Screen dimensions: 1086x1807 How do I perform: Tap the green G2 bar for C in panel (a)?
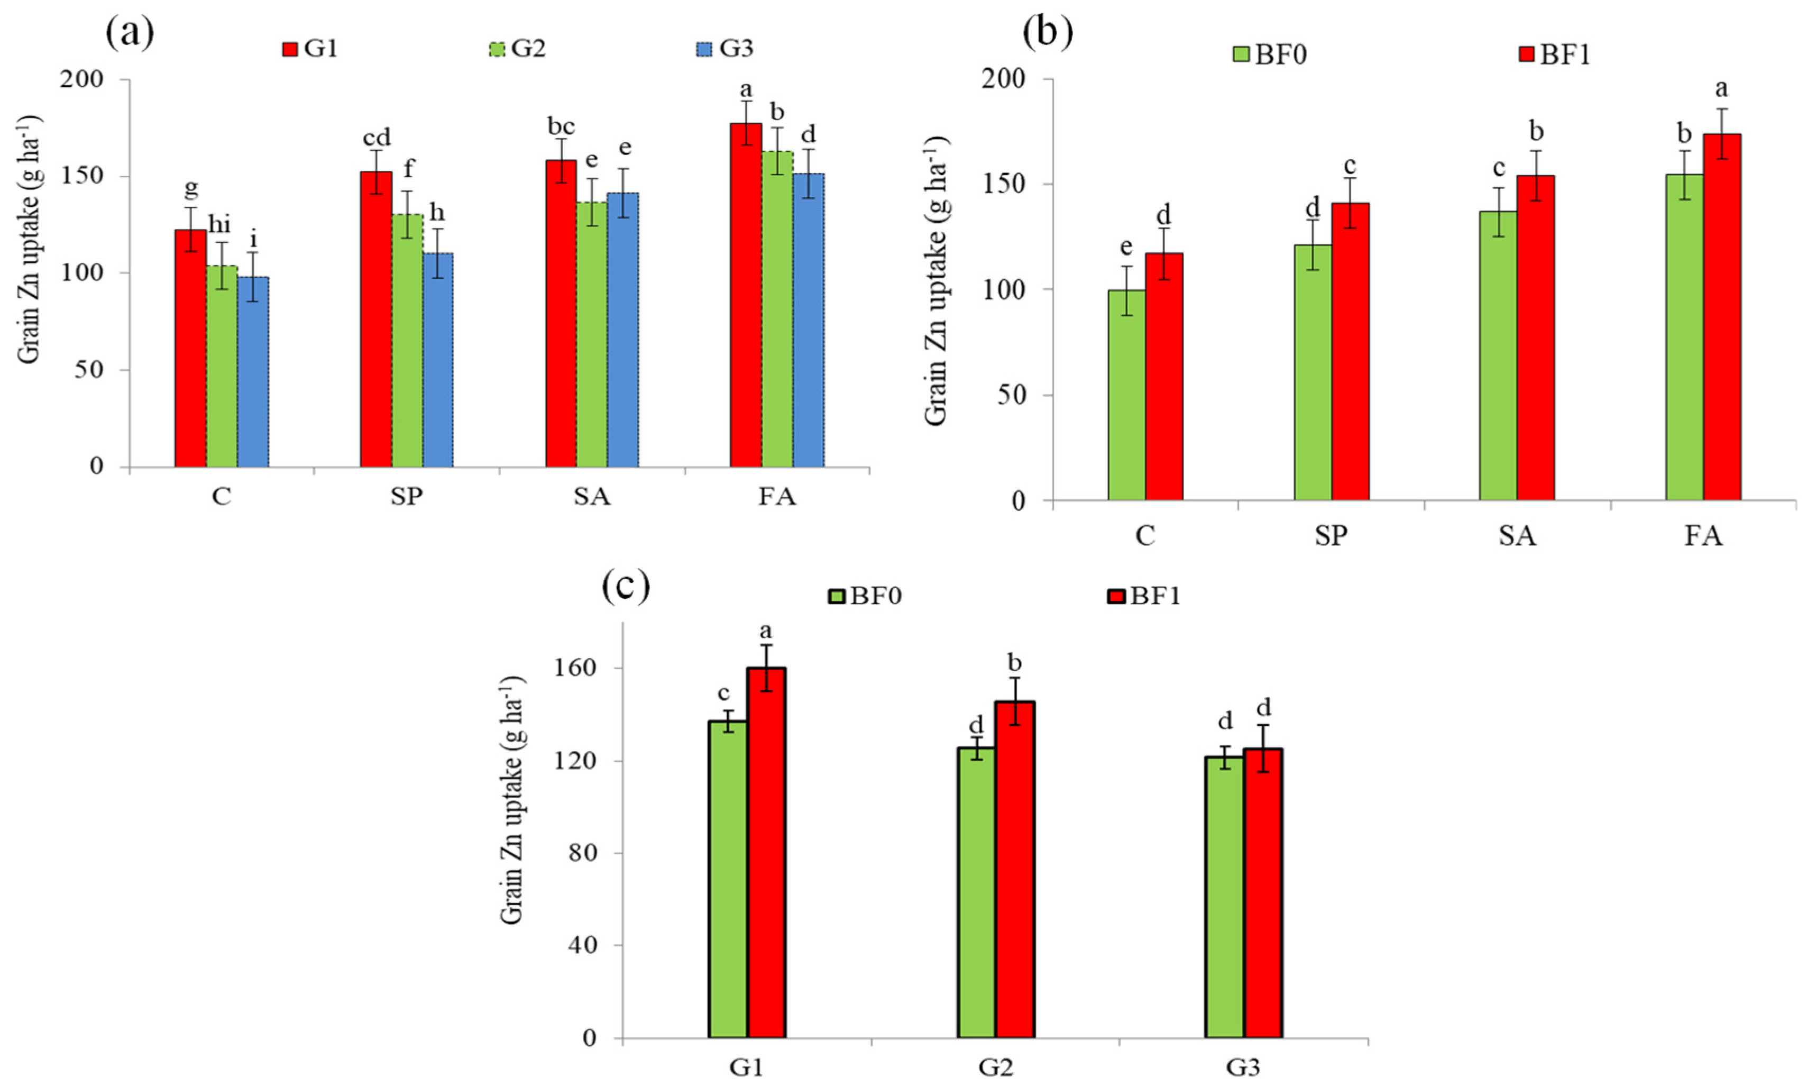click(222, 366)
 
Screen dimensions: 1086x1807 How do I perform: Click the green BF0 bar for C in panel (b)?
click(1126, 395)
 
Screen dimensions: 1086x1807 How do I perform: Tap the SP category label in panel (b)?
click(1330, 535)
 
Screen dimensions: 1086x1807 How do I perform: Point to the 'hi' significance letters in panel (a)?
click(219, 225)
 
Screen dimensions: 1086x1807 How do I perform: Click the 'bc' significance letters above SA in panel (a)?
click(561, 126)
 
